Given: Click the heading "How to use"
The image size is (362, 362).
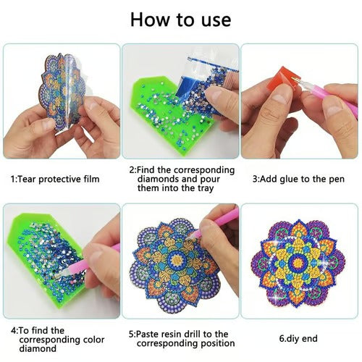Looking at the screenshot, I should [181, 20].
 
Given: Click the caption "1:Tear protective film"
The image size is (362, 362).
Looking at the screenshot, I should [55, 178].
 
